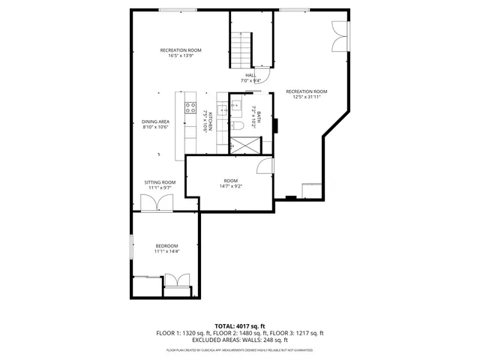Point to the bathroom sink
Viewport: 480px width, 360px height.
click(235, 106)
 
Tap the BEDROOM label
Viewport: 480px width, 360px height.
click(166, 246)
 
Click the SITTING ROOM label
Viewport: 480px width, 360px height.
click(160, 182)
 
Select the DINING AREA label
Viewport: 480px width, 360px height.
click(155, 121)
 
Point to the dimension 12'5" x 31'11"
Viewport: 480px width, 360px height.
click(306, 97)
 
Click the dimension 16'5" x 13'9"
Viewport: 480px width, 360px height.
click(180, 55)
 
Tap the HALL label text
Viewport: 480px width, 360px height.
click(250, 75)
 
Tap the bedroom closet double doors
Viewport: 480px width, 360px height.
click(176, 282)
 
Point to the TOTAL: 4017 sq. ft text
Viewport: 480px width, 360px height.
click(240, 326)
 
